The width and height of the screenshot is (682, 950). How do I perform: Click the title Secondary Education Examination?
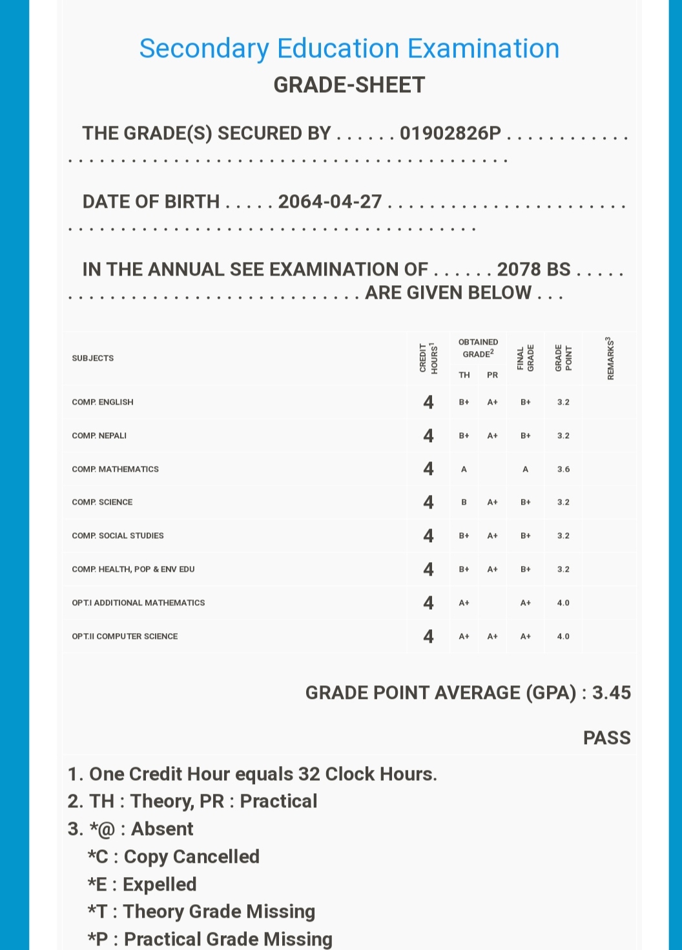coord(349,49)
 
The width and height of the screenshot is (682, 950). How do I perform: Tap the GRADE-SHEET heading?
coord(349,85)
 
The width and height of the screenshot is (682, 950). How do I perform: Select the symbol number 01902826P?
coord(450,133)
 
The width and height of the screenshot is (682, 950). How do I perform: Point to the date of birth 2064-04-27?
coord(330,201)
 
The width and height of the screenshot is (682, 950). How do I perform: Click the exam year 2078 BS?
coord(533,269)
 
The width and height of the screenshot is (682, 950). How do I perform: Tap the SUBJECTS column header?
coord(93,358)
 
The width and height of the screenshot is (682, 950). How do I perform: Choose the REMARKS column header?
coord(610,358)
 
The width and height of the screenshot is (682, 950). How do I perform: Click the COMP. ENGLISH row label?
coord(103,402)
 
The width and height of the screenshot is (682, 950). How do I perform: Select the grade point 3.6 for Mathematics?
coord(563,469)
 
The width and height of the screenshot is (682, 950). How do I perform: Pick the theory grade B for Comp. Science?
coord(464,502)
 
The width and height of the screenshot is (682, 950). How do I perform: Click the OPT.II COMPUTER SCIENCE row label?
coord(125,636)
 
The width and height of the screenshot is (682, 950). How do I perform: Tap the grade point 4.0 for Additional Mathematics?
coord(563,603)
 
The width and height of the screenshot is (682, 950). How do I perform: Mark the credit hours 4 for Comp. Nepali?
coord(428,436)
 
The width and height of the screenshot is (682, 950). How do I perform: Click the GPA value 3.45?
coord(611,692)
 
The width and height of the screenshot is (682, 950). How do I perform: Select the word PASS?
coord(606,738)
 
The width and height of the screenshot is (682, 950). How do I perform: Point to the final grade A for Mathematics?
coord(526,469)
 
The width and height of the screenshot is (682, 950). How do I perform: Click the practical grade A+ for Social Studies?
coord(492,536)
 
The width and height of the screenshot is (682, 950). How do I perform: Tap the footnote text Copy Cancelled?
coord(191,856)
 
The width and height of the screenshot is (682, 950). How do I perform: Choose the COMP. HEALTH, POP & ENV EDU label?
coord(133,569)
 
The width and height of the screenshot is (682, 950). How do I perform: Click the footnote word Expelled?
coord(160,884)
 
